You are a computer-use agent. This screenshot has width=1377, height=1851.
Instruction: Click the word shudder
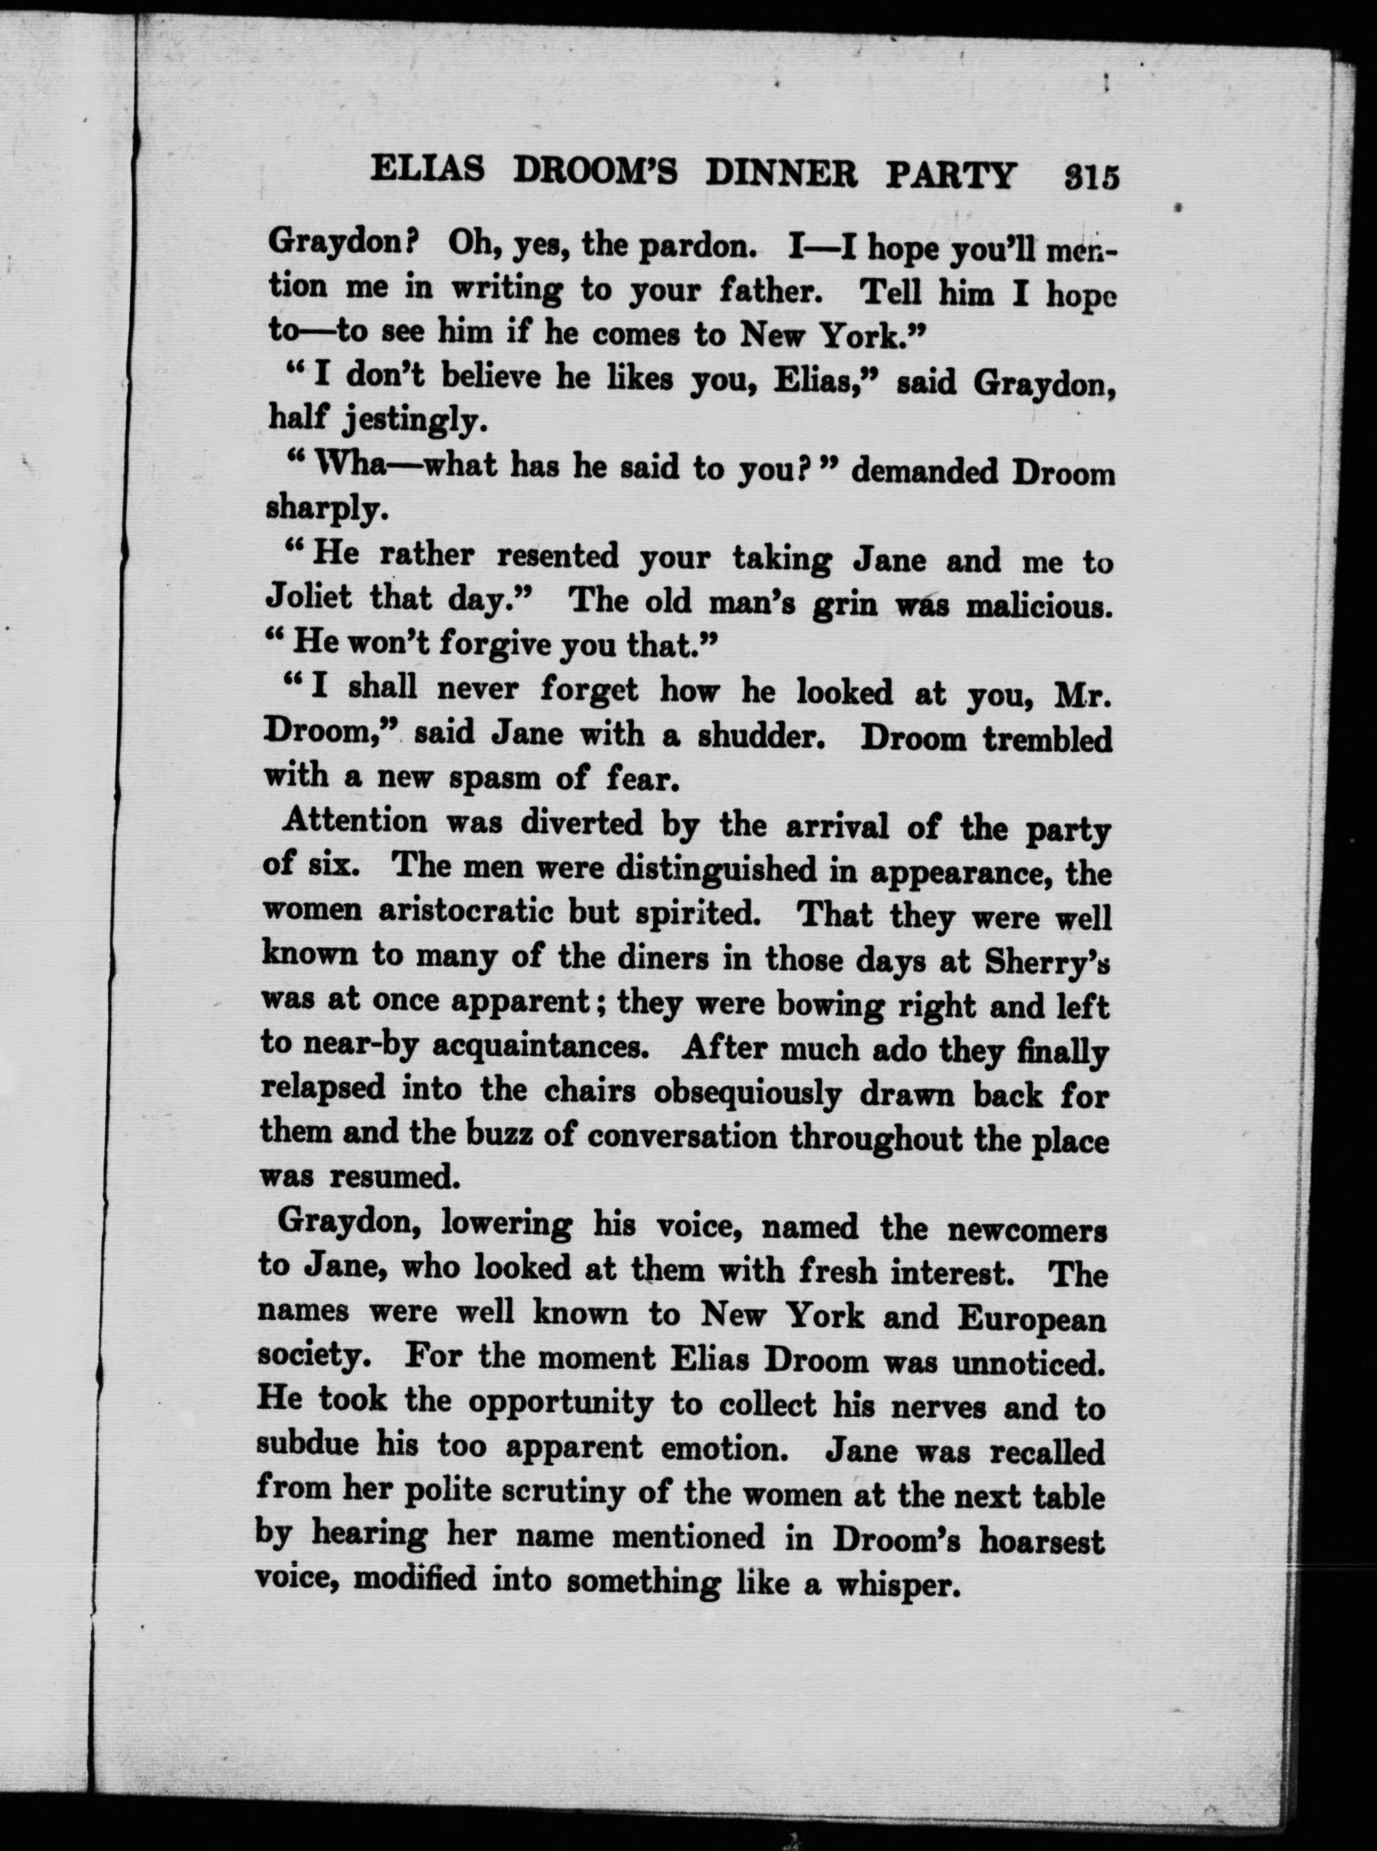(760, 735)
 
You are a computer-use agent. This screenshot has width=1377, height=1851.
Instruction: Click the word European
(1032, 1318)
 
